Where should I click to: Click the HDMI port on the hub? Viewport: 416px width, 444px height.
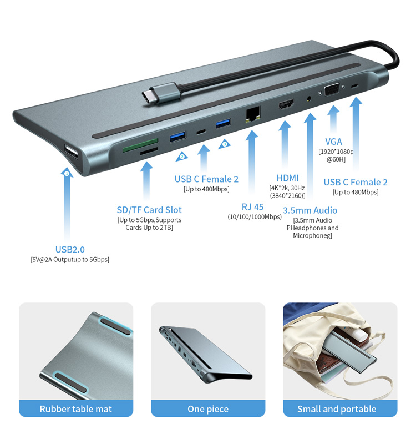pyautogui.click(x=286, y=104)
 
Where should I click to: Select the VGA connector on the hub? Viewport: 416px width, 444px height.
pyautogui.click(x=332, y=90)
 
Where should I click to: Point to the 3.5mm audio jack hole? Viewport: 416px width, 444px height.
pyautogui.click(x=309, y=99)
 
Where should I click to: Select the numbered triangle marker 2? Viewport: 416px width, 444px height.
pyautogui.click(x=182, y=157)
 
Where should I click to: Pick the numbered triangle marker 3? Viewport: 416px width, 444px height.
pyautogui.click(x=225, y=144)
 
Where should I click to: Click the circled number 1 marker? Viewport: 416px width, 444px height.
pyautogui.click(x=67, y=173)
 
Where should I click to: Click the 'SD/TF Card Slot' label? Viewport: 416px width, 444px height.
pyautogui.click(x=149, y=210)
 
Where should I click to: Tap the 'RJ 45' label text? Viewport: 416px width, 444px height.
pyautogui.click(x=252, y=207)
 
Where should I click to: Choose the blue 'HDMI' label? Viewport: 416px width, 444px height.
pyautogui.click(x=287, y=178)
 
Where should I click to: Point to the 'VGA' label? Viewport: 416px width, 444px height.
pyautogui.click(x=333, y=142)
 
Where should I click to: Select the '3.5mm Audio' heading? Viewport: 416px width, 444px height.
pyautogui.click(x=310, y=210)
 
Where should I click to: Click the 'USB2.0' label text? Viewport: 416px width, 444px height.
pyautogui.click(x=70, y=249)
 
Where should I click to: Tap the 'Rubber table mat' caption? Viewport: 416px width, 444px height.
pyautogui.click(x=76, y=409)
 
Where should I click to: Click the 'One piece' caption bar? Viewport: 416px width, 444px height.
pyautogui.click(x=208, y=408)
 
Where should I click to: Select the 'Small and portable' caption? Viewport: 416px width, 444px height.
pyautogui.click(x=337, y=409)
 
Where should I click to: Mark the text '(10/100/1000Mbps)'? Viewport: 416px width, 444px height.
pyautogui.click(x=255, y=217)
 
